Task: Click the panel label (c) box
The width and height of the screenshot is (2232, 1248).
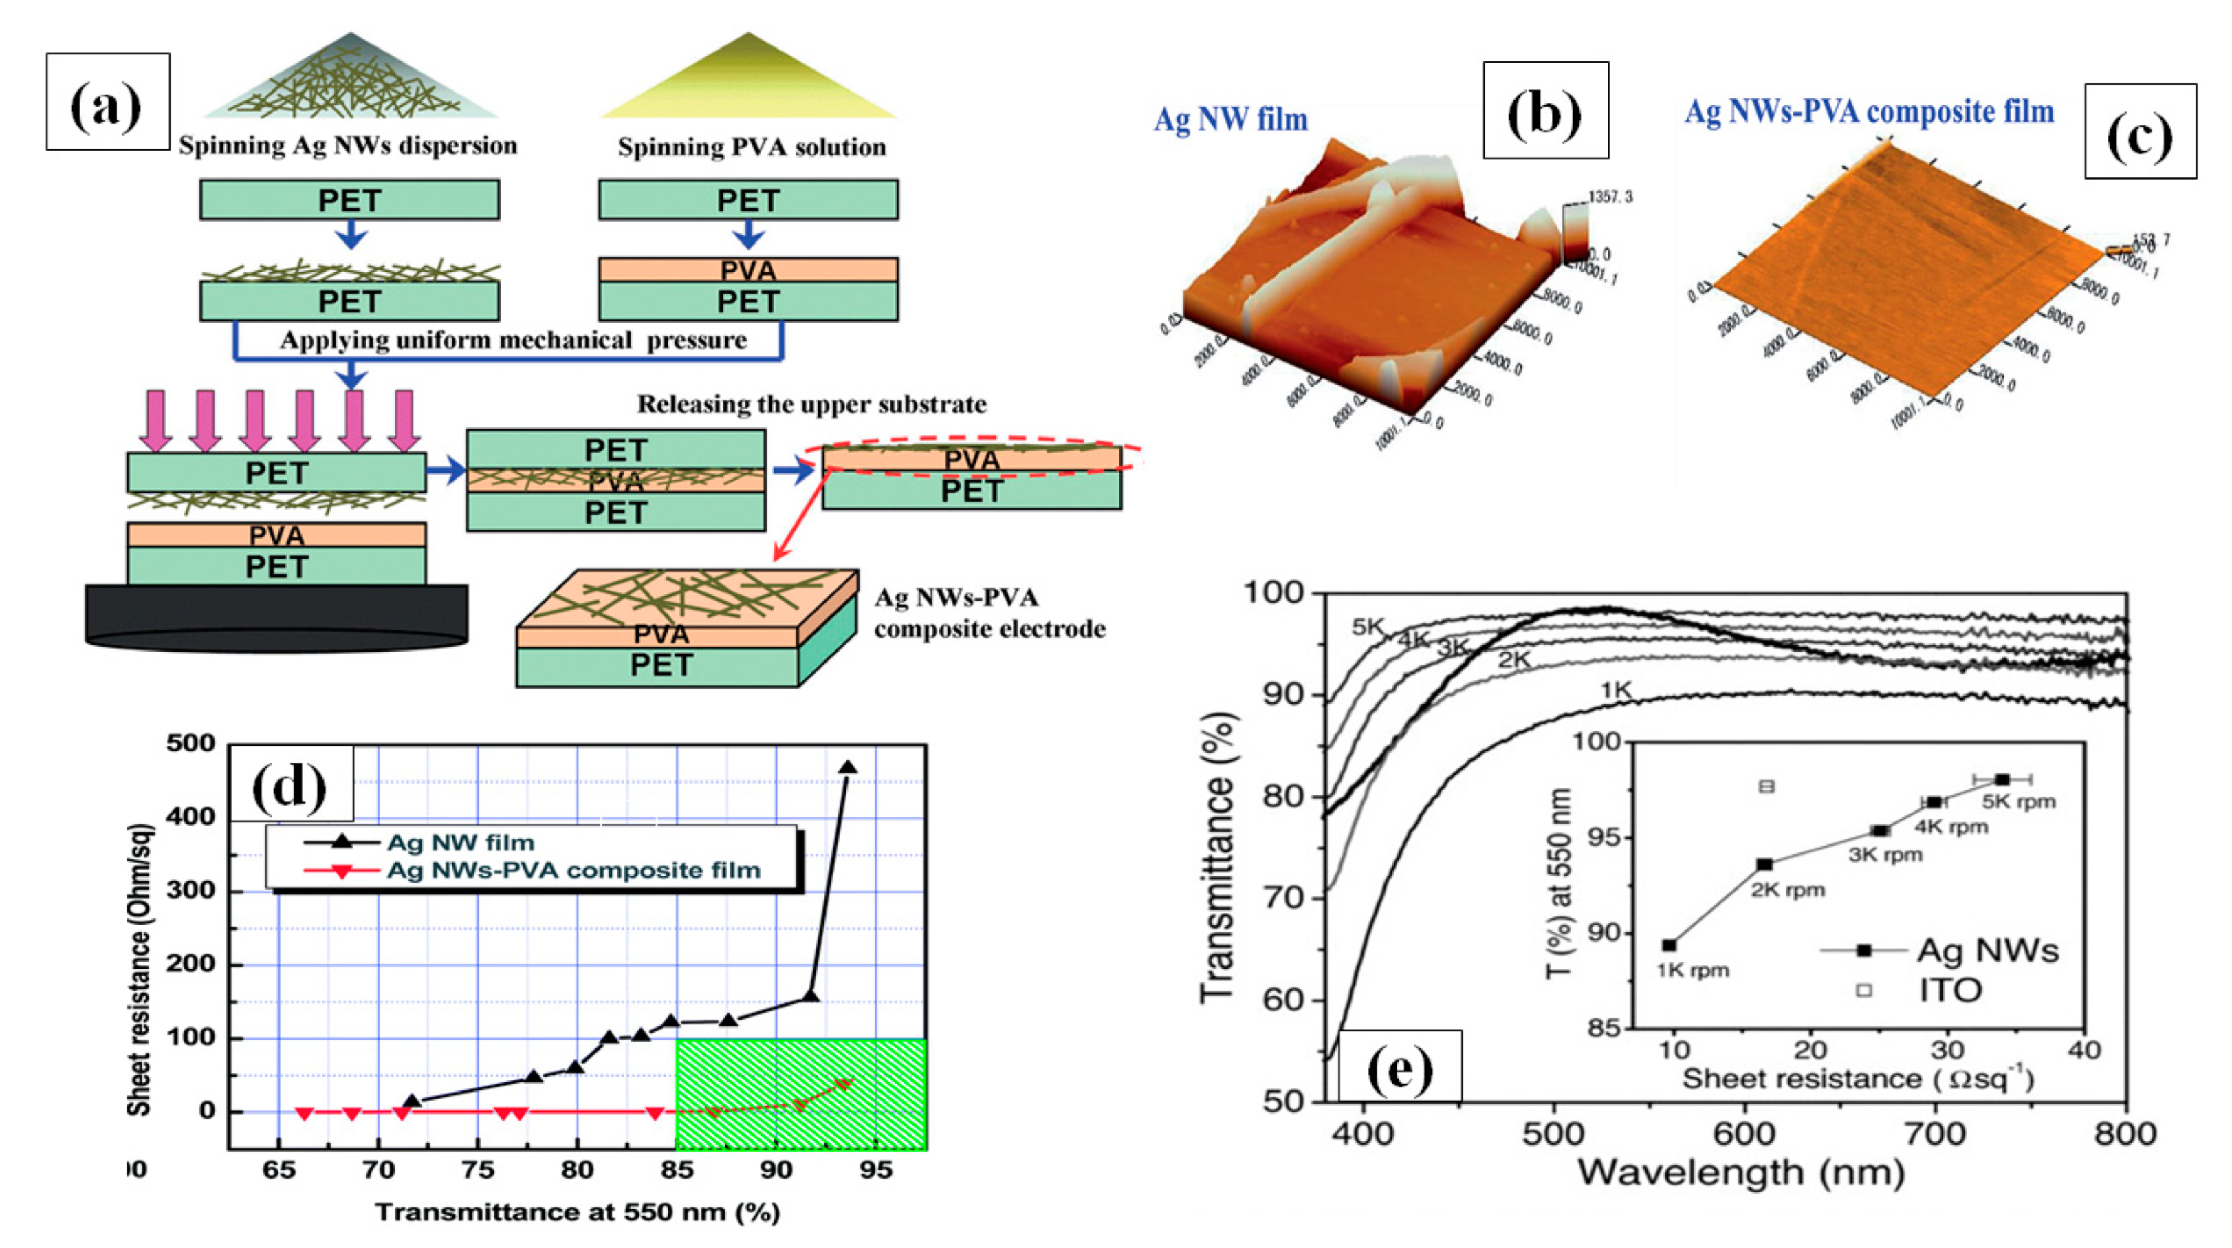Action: tap(2139, 131)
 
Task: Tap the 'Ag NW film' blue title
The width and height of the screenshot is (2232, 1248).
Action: tap(1229, 120)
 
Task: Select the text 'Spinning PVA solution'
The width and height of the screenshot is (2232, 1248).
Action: tap(752, 147)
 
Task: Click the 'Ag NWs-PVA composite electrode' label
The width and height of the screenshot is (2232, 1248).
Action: tap(989, 613)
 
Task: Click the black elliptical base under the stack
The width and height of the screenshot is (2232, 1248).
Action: tap(276, 617)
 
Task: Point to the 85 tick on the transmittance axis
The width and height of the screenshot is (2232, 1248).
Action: tap(677, 1170)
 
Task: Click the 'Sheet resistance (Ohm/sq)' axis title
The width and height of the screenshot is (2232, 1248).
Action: tap(139, 971)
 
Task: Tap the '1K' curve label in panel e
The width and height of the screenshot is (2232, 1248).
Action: tap(1615, 691)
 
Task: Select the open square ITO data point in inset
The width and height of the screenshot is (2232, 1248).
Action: tap(1766, 786)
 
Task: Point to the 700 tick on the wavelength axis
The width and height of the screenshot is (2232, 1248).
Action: tap(1935, 1132)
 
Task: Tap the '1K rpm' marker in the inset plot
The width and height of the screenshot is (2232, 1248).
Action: tap(1669, 945)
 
